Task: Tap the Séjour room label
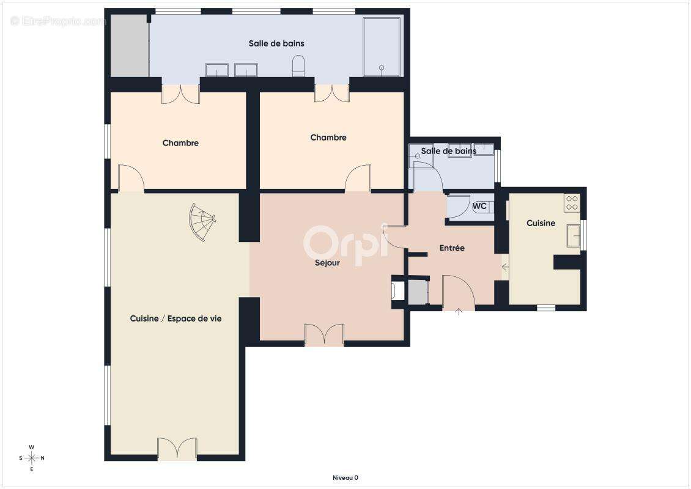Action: coord(327,263)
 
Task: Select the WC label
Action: coord(479,206)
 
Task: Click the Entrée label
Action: coord(452,248)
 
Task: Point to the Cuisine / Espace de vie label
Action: coord(176,318)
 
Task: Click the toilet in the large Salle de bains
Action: coord(298,65)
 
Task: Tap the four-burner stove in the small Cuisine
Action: coord(572,203)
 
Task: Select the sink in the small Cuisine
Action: coord(574,235)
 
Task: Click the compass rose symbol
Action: coord(32,458)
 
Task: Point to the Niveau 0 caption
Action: coord(345,477)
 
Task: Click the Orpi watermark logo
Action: coord(347,244)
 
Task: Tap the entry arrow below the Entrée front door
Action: coord(459,312)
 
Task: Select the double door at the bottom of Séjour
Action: coord(324,335)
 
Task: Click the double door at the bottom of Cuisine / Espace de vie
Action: coord(177,449)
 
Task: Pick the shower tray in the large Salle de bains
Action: coord(382,46)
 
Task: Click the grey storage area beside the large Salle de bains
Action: coord(129,45)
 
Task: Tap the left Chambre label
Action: coord(180,143)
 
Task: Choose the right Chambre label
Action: coord(328,138)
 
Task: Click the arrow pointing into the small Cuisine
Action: coord(506,267)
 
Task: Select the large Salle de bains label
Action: coord(276,43)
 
